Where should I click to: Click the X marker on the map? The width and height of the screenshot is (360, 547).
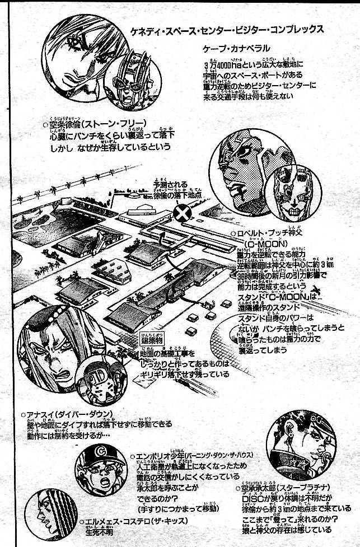click(181, 213)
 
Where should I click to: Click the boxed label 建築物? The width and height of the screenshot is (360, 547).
click(148, 341)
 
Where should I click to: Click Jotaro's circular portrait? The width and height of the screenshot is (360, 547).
click(301, 446)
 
